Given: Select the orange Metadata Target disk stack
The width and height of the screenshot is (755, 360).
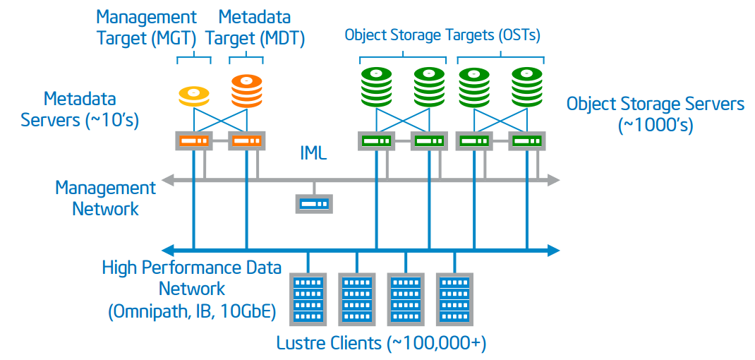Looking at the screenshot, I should (x=246, y=90).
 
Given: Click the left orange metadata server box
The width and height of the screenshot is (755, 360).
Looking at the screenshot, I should (x=193, y=140).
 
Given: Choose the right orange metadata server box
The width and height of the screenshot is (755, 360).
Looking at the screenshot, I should (x=246, y=140).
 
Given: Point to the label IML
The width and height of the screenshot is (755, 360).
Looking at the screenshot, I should (x=313, y=153).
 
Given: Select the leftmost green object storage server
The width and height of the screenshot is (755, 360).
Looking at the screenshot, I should (x=377, y=140).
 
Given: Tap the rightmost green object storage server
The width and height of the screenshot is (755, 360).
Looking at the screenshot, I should (x=527, y=140).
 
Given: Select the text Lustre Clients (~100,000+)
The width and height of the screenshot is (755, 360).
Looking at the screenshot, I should (x=382, y=344).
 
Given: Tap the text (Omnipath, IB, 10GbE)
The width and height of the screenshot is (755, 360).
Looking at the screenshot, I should (x=192, y=311).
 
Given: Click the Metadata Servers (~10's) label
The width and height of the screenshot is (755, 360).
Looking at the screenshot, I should (x=79, y=109).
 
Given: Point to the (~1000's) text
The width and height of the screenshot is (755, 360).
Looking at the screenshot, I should (x=656, y=126).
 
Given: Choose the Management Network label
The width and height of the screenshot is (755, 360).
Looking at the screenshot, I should (x=105, y=198).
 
